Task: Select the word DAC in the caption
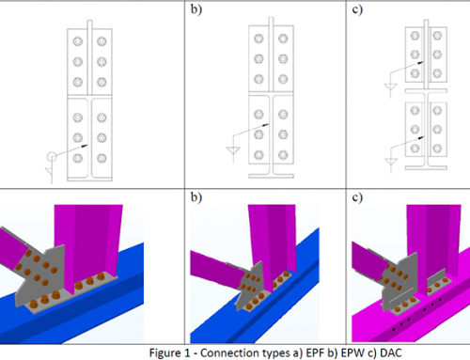pyautogui.click(x=391, y=353)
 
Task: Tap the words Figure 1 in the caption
pyautogui.click(x=169, y=353)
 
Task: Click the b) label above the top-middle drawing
pyautogui.click(x=196, y=9)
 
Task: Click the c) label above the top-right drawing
pyautogui.click(x=357, y=9)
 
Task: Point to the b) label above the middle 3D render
pyautogui.click(x=196, y=197)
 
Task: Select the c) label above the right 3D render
pyautogui.click(x=357, y=197)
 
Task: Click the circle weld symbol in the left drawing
pyautogui.click(x=52, y=156)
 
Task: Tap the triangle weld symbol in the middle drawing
pyautogui.click(x=233, y=150)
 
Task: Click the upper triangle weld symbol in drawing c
pyautogui.click(x=390, y=86)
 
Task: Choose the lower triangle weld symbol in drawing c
pyautogui.click(x=391, y=162)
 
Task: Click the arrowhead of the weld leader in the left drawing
pyautogui.click(x=85, y=146)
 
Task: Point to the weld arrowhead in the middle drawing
pyautogui.click(x=266, y=125)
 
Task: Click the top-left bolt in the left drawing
pyautogui.click(x=78, y=41)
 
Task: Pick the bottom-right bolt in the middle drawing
pyautogui.click(x=283, y=155)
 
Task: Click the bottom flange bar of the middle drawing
pyautogui.click(x=271, y=176)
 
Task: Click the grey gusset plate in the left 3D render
pyautogui.click(x=39, y=275)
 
